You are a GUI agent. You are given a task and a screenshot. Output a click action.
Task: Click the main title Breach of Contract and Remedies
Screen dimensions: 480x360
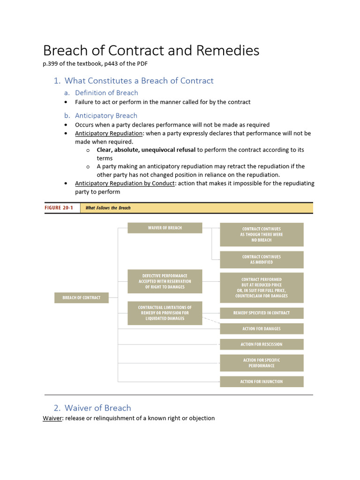tap(151, 51)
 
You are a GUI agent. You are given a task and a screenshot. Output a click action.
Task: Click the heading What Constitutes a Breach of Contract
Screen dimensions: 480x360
tap(139, 81)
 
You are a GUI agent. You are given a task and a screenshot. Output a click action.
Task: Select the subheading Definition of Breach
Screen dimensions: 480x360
tap(106, 93)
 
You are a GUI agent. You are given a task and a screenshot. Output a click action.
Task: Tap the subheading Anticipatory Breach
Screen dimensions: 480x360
tap(106, 115)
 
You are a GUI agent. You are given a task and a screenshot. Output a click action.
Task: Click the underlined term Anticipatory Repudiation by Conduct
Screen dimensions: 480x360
tap(125, 183)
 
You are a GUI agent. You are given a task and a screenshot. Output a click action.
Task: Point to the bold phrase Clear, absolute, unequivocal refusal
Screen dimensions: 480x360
tap(146, 150)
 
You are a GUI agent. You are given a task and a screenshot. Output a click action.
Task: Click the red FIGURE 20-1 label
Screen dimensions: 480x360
tap(59, 208)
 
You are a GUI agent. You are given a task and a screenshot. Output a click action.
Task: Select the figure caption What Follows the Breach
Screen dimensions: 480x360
tap(108, 208)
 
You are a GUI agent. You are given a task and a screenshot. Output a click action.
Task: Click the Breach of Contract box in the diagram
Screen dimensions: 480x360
tap(82, 298)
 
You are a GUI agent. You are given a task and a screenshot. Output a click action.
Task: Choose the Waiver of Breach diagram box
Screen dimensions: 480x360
tap(165, 228)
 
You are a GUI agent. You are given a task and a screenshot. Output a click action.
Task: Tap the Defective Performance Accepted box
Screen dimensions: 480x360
tap(165, 281)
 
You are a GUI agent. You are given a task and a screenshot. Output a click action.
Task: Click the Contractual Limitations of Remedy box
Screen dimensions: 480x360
tap(165, 313)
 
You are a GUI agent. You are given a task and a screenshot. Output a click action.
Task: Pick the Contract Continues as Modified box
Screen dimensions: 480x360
tap(262, 260)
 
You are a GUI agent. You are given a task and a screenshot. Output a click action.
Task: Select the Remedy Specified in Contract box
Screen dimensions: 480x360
tap(262, 313)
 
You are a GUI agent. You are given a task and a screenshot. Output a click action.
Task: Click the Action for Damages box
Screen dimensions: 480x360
tap(262, 329)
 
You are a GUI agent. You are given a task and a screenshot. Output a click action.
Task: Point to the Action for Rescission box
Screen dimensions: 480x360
tap(262, 345)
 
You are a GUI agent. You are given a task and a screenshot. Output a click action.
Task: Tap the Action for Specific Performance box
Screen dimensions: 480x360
tap(262, 363)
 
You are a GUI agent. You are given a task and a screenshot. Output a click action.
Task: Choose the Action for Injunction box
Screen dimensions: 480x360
tap(262, 382)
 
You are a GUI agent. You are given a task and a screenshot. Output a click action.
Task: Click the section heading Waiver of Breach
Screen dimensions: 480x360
tap(97, 408)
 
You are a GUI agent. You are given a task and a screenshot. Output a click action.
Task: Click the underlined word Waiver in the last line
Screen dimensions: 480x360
tap(52, 418)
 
